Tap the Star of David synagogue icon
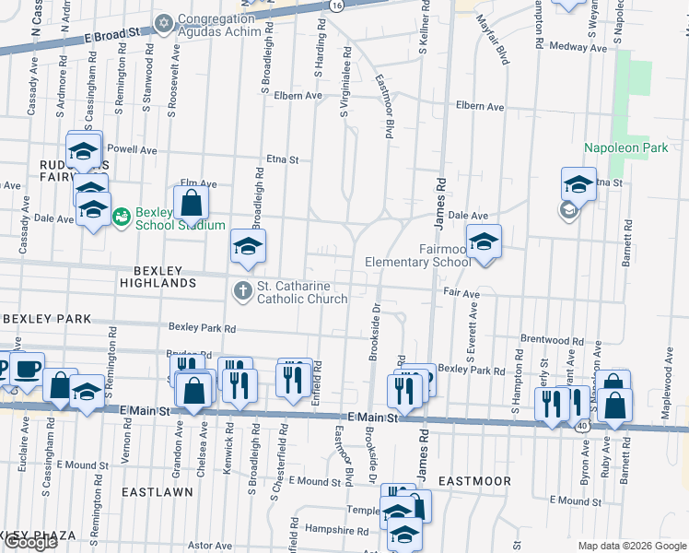click(x=165, y=22)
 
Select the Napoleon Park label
click(x=625, y=147)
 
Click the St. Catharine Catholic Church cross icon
click(x=243, y=291)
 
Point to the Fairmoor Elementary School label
click(x=417, y=255)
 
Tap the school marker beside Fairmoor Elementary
click(x=484, y=242)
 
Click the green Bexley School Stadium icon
click(x=121, y=217)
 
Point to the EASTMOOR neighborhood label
click(x=473, y=481)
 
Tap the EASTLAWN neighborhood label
click(x=158, y=492)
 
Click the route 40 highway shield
click(x=581, y=427)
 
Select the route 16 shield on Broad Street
click(x=338, y=6)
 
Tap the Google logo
click(x=29, y=542)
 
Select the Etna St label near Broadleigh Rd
click(x=283, y=159)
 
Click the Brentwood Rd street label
click(x=553, y=339)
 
